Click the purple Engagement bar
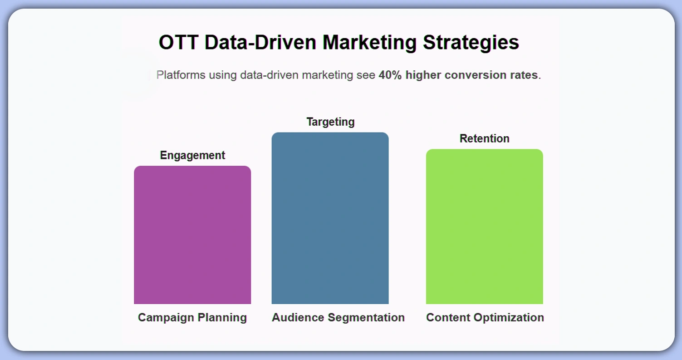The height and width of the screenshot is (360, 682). point(192,235)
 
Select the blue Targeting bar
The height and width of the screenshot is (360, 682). point(330,218)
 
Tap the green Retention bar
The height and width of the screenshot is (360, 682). point(484,226)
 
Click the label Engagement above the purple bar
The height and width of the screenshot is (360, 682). point(192,155)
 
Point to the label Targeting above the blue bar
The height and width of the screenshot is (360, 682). point(330,122)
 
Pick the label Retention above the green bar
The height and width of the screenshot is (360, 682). point(484,138)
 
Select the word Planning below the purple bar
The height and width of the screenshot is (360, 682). point(222,317)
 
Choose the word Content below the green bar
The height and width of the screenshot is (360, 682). point(447,317)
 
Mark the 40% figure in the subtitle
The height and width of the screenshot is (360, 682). point(390,75)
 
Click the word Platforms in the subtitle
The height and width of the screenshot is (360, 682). point(181,75)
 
